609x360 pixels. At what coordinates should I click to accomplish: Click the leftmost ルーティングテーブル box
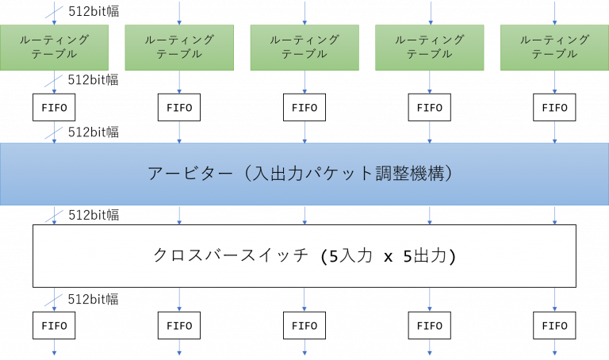click(54, 48)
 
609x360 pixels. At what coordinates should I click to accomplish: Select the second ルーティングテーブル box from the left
click(179, 48)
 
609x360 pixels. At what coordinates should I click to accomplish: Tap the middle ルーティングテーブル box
click(304, 48)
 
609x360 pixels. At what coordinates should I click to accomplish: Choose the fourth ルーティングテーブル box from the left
click(430, 48)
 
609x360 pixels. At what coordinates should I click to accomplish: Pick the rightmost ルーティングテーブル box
click(554, 48)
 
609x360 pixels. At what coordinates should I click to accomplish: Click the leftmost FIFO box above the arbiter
click(54, 108)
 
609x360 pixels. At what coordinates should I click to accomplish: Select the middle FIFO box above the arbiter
click(304, 108)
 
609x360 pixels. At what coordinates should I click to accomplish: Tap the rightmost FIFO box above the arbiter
click(554, 108)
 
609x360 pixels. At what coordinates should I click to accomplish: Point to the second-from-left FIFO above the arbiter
click(179, 108)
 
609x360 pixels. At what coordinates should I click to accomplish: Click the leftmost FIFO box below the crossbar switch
click(54, 325)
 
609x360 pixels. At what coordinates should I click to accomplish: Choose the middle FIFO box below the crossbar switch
click(304, 325)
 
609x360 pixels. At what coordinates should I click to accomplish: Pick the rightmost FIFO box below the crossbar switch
click(554, 325)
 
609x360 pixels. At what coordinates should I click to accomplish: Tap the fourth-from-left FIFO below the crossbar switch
click(430, 325)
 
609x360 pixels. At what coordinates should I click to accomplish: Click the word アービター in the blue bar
click(187, 174)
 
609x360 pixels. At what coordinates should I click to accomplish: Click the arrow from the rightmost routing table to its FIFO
click(554, 82)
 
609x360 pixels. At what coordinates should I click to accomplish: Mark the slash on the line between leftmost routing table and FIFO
click(54, 82)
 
